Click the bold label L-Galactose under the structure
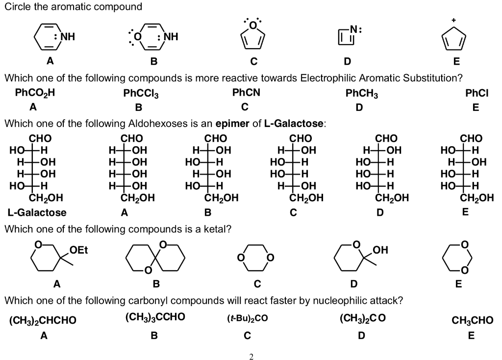37,213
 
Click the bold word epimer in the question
232,123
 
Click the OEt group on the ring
78,251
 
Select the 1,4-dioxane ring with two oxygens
255,257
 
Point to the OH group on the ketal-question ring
379,251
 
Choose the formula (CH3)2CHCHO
43,320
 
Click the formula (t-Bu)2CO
247,319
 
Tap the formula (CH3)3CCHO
155,317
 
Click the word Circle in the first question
16,7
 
